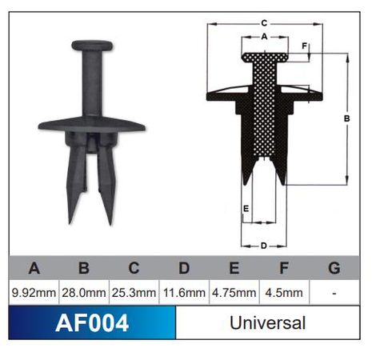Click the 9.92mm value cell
click(x=34, y=294)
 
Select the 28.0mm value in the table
click(x=84, y=294)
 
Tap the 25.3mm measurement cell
click(x=134, y=294)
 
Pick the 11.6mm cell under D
click(x=184, y=294)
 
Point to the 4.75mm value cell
click(x=234, y=294)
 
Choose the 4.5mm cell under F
click(x=283, y=294)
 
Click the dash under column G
click(x=334, y=294)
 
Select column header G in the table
click(x=334, y=267)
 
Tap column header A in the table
click(x=34, y=267)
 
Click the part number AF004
click(x=91, y=324)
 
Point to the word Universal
click(x=267, y=324)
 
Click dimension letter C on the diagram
click(x=263, y=23)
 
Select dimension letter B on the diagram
click(x=346, y=118)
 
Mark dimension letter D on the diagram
click(x=263, y=245)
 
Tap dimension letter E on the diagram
click(x=246, y=209)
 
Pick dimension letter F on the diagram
click(x=305, y=46)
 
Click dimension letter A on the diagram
click(x=263, y=37)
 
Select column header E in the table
click(x=234, y=267)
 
